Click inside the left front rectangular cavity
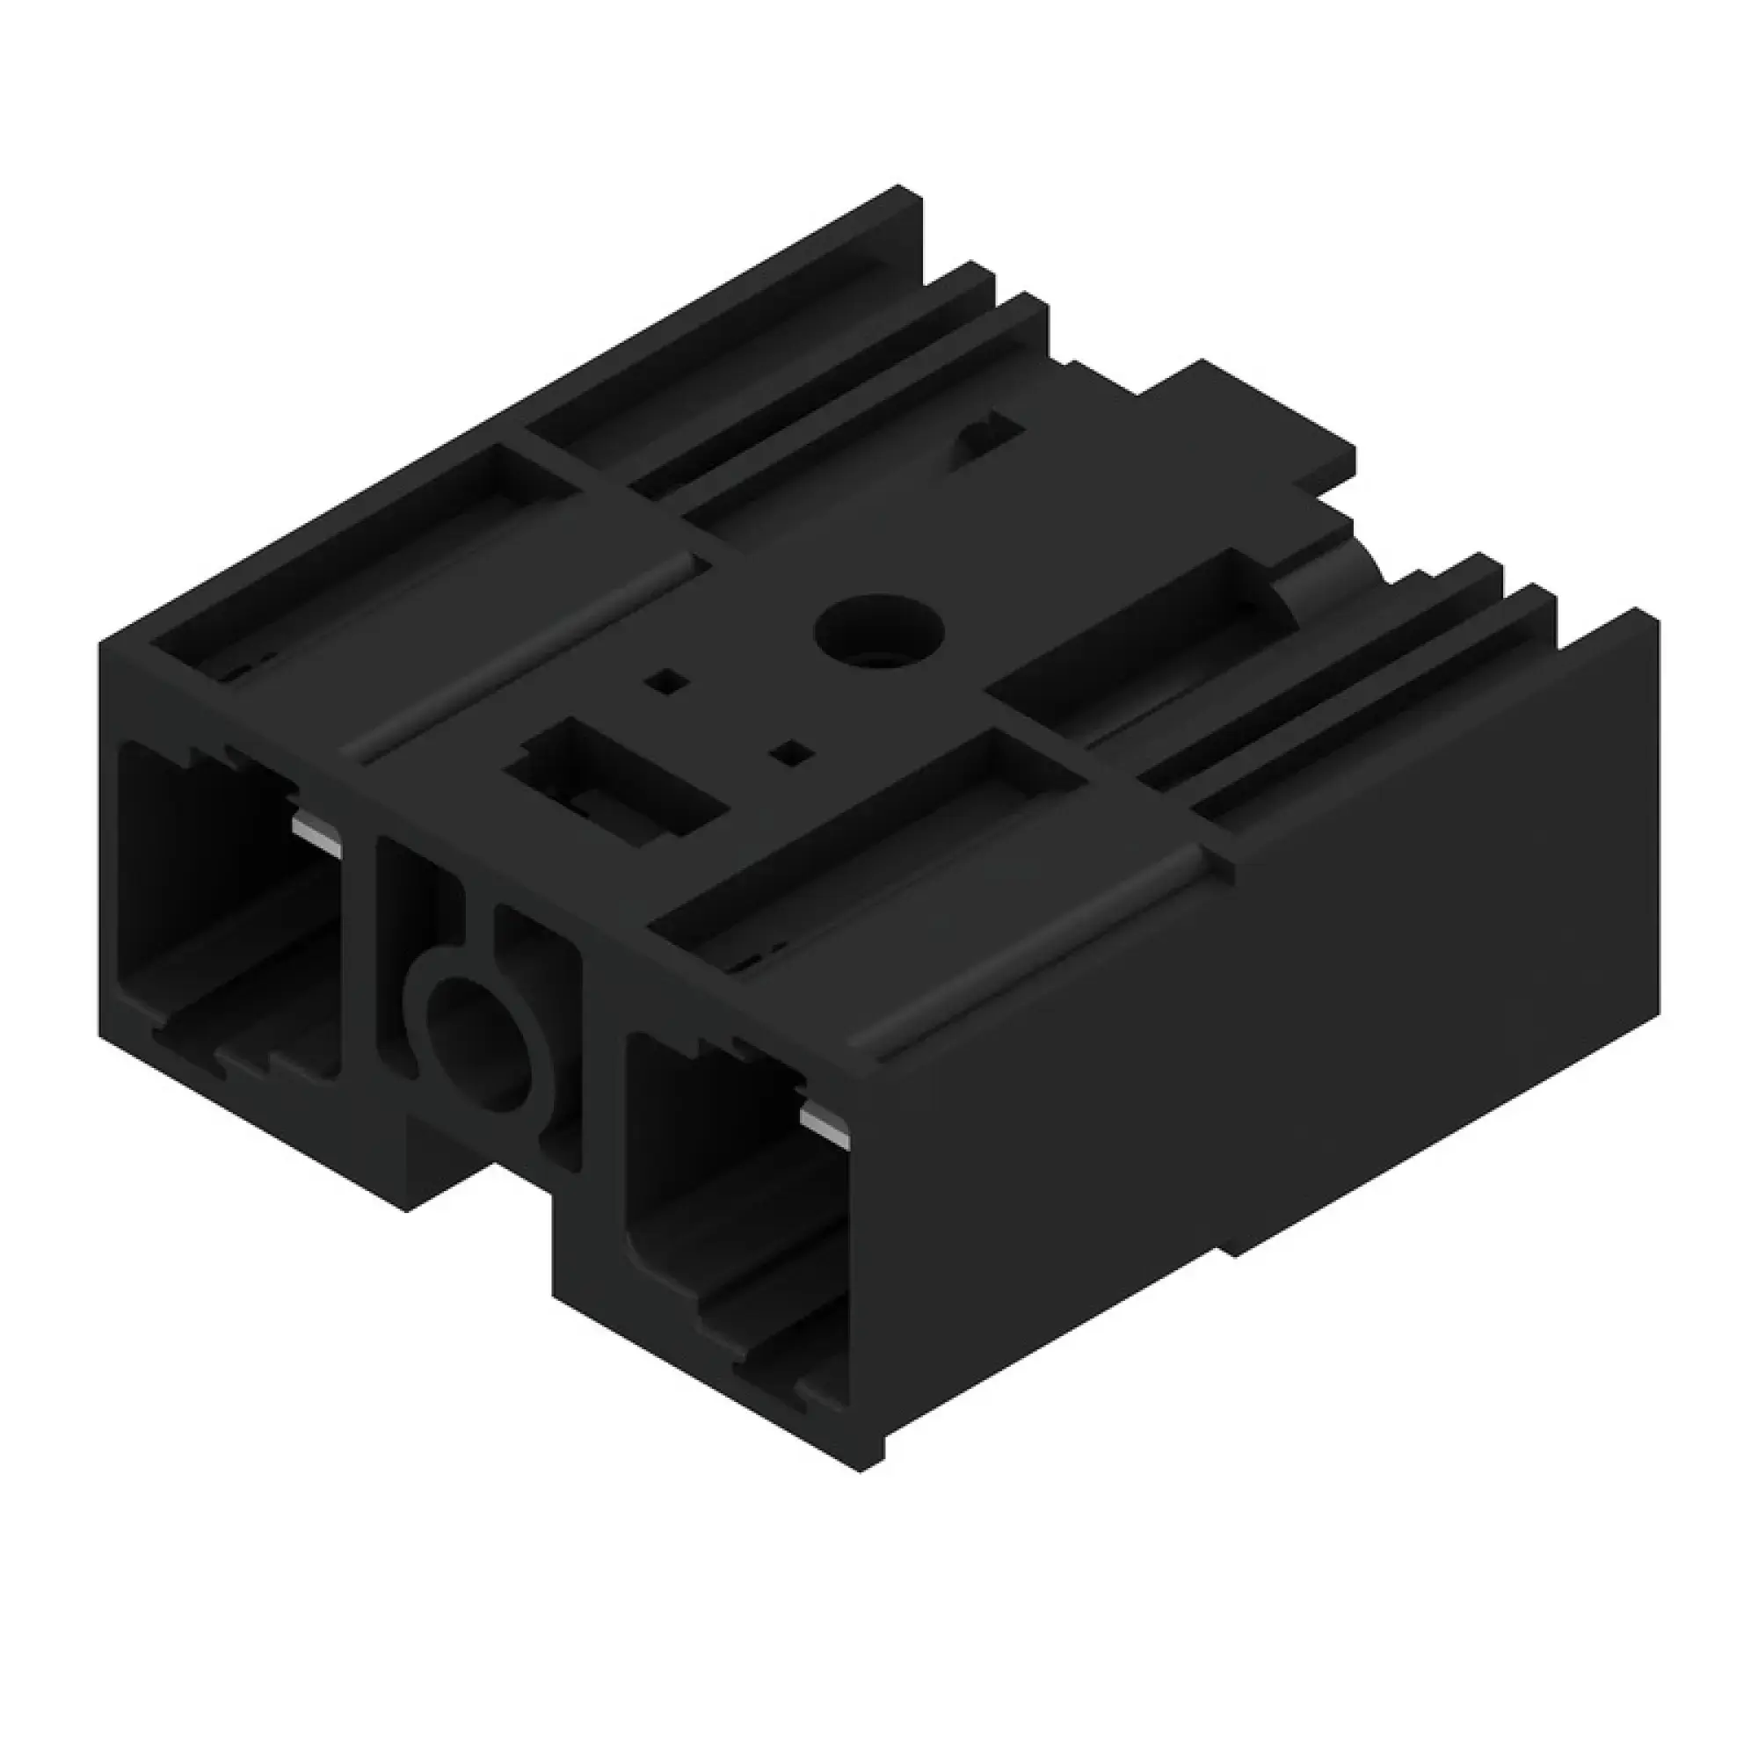point(228,910)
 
